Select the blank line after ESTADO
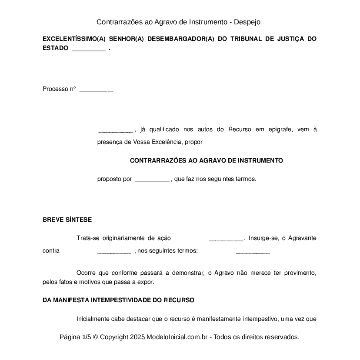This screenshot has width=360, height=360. pyautogui.click(x=88, y=49)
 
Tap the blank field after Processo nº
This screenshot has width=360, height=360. pyautogui.click(x=96, y=90)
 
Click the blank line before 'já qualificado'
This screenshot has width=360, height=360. pyautogui.click(x=115, y=130)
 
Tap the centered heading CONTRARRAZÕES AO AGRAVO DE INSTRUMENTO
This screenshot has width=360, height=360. pyautogui.click(x=206, y=160)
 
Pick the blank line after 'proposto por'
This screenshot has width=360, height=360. pyautogui.click(x=152, y=179)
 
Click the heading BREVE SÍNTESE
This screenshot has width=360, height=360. pyautogui.click(x=67, y=220)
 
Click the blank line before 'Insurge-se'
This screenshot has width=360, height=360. pyautogui.click(x=226, y=238)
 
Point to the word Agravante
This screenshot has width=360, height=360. pyautogui.click(x=302, y=238)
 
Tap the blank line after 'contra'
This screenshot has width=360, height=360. pyautogui.click(x=113, y=251)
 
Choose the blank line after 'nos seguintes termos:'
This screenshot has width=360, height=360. pyautogui.click(x=253, y=251)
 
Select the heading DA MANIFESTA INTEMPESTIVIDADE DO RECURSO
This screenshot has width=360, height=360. pyautogui.click(x=118, y=300)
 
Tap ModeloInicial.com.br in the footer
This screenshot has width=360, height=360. pyautogui.click(x=179, y=337)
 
